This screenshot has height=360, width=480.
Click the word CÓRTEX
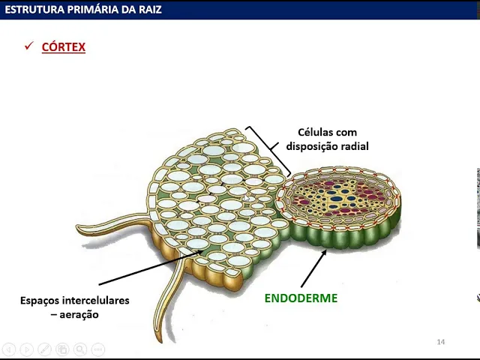pyautogui.click(x=64, y=46)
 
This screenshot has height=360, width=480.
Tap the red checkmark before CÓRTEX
pyautogui.click(x=29, y=46)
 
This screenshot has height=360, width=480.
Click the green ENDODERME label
pyautogui.click(x=301, y=298)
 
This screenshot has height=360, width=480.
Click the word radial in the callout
pyautogui.click(x=354, y=146)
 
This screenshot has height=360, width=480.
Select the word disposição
pyautogui.click(x=312, y=146)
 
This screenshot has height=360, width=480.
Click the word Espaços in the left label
pyautogui.click(x=42, y=300)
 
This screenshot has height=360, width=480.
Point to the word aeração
pyautogui.click(x=79, y=314)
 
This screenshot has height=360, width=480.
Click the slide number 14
pyautogui.click(x=440, y=342)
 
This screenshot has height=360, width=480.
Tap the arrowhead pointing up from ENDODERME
pyautogui.click(x=325, y=253)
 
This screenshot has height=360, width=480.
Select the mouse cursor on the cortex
pyautogui.click(x=245, y=197)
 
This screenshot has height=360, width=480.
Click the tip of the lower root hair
pyautogui.click(x=158, y=332)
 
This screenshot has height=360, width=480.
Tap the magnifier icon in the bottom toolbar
pyautogui.click(x=79, y=349)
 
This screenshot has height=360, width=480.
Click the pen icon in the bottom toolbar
pyautogui.click(x=44, y=349)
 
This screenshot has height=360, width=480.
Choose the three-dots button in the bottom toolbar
pyautogui.click(x=97, y=349)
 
